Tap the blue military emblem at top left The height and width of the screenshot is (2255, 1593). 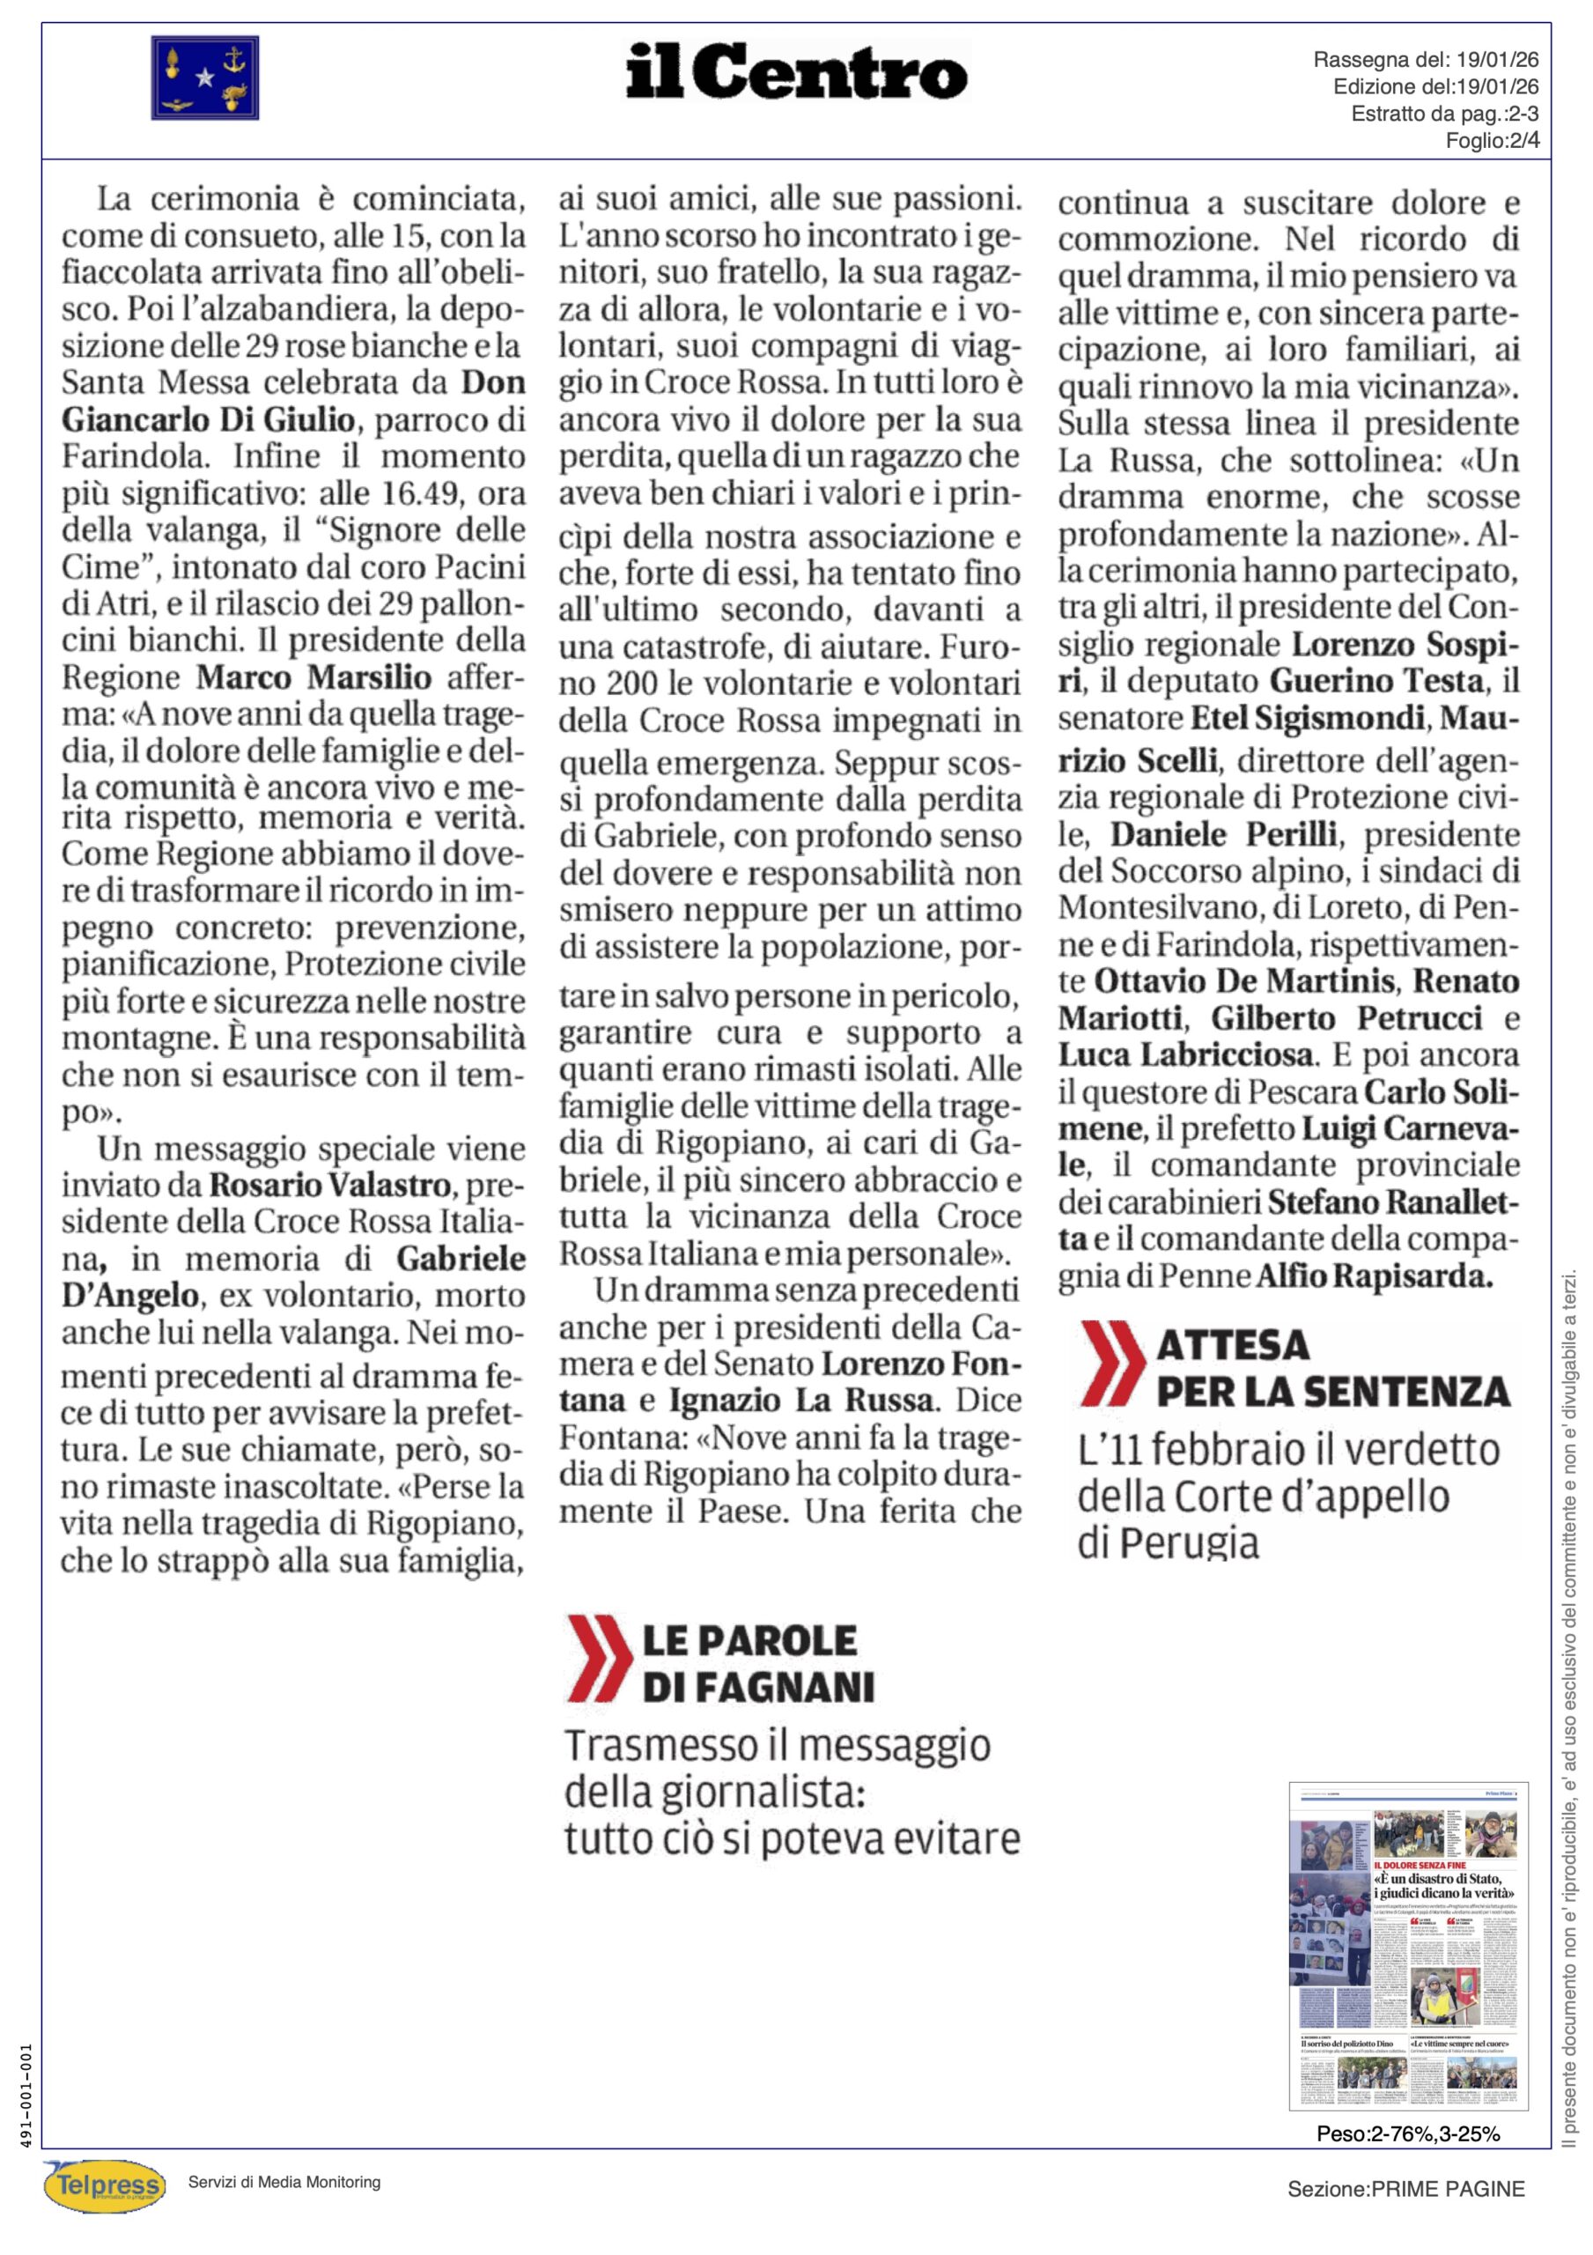204,78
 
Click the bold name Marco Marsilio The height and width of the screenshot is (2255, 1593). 314,677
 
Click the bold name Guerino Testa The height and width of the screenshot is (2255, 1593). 1377,681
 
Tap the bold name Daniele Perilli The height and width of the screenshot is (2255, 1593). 1224,834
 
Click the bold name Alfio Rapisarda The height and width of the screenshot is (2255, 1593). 1375,1275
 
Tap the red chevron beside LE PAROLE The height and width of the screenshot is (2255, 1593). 598,1660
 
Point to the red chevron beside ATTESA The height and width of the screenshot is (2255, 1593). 1112,1364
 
